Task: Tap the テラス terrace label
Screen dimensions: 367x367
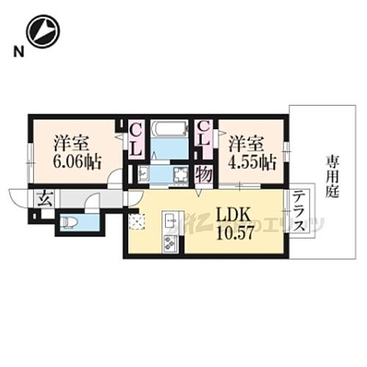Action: (x=299, y=213)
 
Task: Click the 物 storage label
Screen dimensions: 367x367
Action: (x=203, y=175)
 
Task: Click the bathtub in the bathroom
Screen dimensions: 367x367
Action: (x=170, y=130)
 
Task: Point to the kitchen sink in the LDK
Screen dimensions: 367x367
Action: (x=168, y=219)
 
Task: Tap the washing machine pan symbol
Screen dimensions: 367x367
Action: (x=178, y=175)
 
